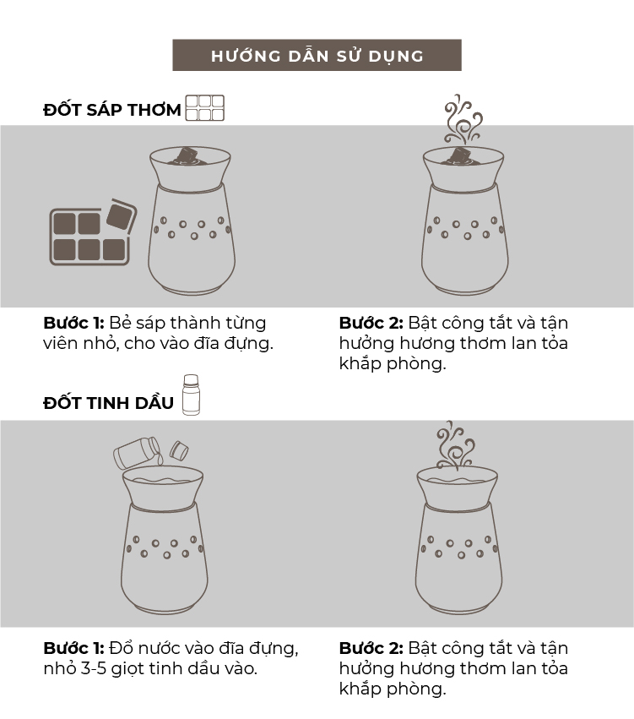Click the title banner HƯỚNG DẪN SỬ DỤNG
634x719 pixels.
click(317, 55)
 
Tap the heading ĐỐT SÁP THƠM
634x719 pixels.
click(112, 110)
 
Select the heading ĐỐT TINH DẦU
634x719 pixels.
click(109, 402)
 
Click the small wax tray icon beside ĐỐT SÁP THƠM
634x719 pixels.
click(205, 108)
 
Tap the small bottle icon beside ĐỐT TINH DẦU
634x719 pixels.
click(191, 395)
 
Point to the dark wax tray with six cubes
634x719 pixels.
click(89, 237)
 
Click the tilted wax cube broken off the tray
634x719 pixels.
click(122, 215)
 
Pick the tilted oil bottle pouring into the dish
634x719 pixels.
click(138, 452)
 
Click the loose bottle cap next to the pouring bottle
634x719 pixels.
click(179, 450)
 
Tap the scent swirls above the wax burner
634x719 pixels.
click(463, 119)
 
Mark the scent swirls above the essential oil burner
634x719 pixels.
click(455, 444)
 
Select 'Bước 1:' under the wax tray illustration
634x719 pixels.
click(73, 323)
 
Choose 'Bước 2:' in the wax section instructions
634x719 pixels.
click(371, 323)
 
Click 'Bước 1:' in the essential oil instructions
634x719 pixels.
click(73, 648)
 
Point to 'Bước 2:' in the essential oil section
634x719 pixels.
click(371, 648)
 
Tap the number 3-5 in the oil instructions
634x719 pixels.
click(94, 668)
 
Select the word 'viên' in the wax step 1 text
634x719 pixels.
click(61, 344)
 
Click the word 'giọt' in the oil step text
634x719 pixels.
click(126, 669)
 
